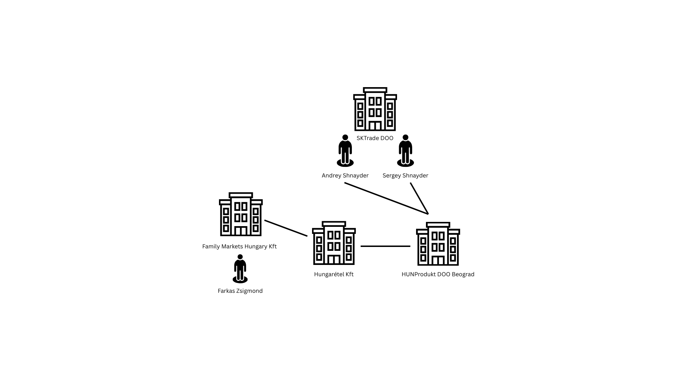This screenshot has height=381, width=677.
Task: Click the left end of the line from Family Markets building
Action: click(265, 220)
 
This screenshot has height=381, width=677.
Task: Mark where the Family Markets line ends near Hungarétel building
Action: click(307, 236)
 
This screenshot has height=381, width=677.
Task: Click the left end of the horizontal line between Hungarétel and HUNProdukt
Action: click(361, 246)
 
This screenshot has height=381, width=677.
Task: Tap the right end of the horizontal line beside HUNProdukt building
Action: click(410, 246)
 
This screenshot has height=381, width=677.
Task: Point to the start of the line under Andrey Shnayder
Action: click(345, 183)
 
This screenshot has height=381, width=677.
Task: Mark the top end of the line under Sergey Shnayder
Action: click(411, 183)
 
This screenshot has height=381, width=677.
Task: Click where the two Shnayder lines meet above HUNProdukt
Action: click(428, 214)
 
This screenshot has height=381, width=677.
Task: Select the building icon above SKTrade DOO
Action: click(375, 109)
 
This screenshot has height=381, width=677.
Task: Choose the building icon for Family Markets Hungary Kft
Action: click(241, 214)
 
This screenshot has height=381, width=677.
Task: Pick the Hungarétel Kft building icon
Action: click(334, 243)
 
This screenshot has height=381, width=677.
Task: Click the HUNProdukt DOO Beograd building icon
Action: click(438, 244)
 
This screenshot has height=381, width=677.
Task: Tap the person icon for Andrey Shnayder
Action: click(345, 151)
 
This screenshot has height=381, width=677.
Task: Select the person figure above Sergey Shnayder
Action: click(405, 151)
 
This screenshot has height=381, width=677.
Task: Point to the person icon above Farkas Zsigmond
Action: click(240, 269)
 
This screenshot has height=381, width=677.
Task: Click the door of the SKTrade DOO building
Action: click(375, 126)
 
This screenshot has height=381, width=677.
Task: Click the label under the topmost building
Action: click(375, 138)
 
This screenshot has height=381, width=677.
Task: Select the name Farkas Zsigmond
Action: click(240, 291)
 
